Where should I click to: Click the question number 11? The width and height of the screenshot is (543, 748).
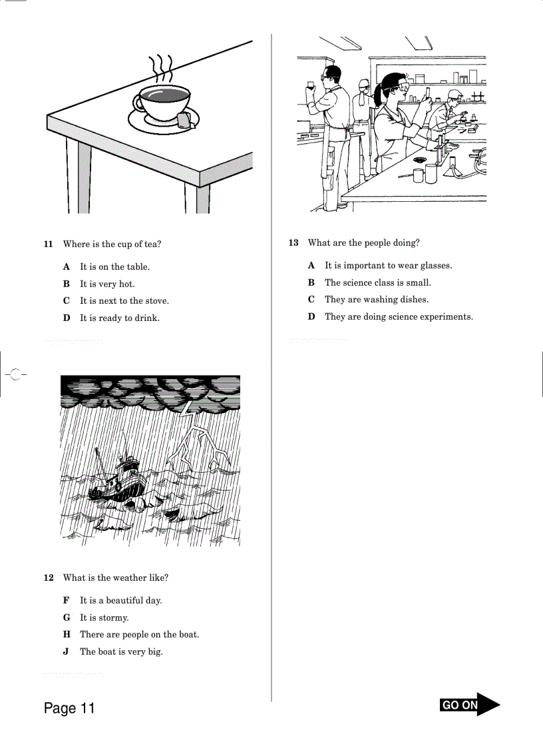point(48,244)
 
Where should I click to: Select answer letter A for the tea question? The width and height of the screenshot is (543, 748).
point(67,267)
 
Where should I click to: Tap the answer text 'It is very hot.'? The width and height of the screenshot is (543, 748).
point(107,284)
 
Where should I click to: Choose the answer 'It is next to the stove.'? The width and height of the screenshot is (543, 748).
point(124,301)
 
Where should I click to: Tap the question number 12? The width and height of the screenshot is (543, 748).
point(48,578)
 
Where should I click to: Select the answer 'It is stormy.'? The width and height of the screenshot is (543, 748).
point(104,618)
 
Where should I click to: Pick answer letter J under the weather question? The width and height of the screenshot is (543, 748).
point(67,652)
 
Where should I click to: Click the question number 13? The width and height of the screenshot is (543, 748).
point(293,243)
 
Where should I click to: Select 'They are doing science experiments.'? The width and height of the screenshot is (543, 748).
point(399,317)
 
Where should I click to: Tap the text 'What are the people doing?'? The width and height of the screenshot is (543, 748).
point(363,243)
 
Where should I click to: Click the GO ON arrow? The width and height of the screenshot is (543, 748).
point(469,705)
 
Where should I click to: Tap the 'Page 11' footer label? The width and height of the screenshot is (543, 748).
point(69,708)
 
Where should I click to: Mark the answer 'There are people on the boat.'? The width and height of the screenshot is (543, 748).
point(139,635)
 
